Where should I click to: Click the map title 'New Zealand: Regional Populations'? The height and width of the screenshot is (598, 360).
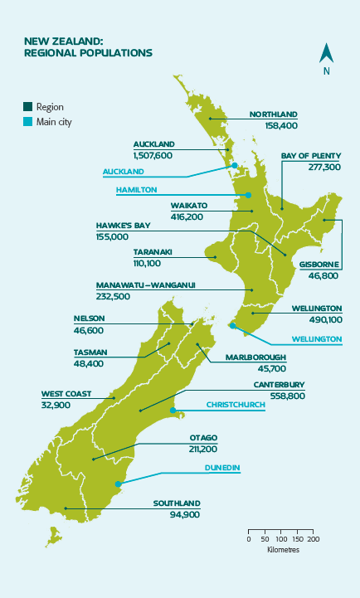88,46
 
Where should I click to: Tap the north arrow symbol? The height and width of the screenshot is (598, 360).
327,55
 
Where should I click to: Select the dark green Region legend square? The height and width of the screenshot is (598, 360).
28,107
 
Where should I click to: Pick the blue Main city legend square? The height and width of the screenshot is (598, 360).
28,122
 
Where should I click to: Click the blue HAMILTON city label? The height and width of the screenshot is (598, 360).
136,189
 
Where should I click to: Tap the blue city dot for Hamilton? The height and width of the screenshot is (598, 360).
248,196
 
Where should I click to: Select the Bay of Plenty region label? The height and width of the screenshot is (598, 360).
310,155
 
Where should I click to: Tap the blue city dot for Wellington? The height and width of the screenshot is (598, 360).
232,326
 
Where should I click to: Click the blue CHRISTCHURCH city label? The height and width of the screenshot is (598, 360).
236,405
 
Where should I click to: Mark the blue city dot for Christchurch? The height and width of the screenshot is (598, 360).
173,411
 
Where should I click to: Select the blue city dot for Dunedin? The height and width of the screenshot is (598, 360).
118,484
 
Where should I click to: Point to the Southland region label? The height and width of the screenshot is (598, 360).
177,503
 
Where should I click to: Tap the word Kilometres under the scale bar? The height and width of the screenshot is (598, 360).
283,549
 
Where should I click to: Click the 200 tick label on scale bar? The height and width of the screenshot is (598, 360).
313,539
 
